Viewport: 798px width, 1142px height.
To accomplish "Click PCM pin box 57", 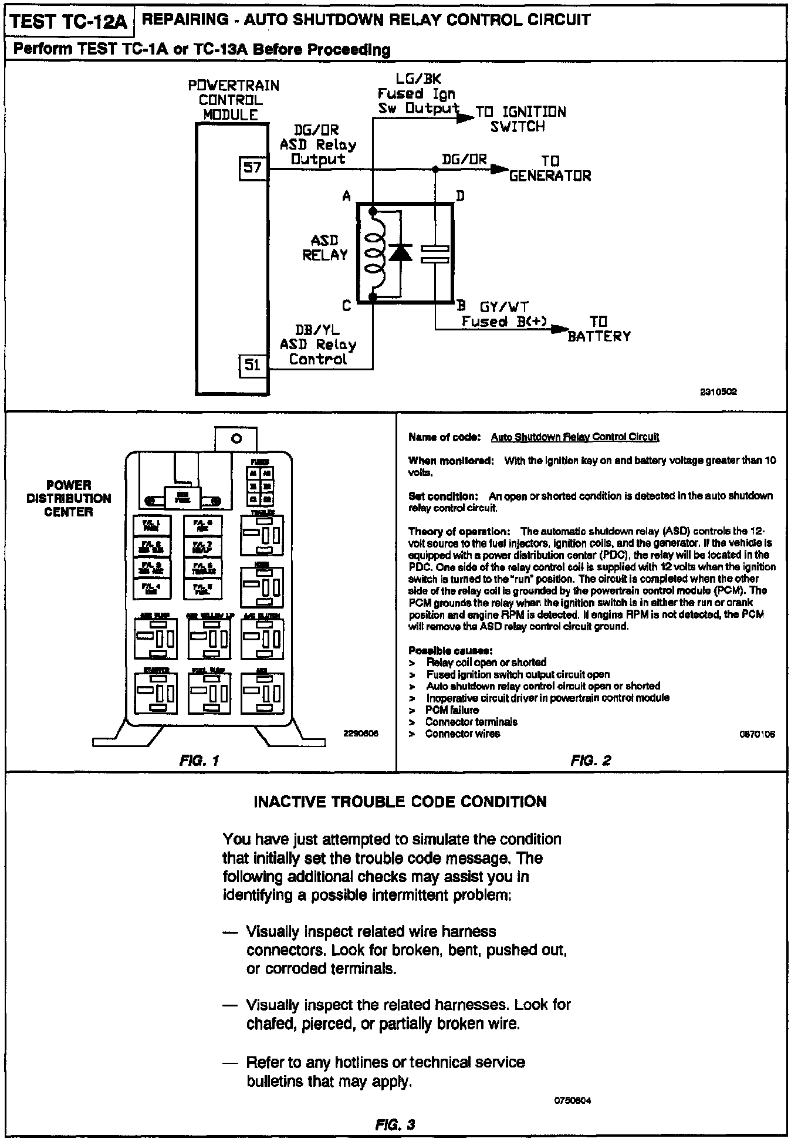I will (252, 168).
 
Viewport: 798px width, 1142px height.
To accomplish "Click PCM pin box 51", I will (252, 366).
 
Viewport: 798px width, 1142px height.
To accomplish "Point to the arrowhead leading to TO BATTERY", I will (561, 329).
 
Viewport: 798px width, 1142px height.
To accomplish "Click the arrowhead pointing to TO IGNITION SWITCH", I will (465, 118).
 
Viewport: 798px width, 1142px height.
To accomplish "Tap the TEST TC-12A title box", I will (69, 22).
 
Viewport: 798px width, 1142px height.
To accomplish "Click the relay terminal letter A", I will (347, 197).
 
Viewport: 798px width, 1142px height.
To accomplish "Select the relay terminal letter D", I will (460, 196).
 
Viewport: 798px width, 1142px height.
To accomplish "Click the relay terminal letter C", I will (347, 306).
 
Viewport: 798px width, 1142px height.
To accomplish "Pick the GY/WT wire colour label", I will (504, 307).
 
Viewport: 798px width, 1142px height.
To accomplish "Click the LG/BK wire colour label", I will (419, 79).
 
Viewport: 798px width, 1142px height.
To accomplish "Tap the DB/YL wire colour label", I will (317, 330).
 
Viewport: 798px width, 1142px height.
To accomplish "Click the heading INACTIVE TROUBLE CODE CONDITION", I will (400, 802).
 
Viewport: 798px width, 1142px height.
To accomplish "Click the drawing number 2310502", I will (718, 393).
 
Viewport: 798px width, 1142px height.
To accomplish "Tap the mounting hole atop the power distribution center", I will (236, 438).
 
